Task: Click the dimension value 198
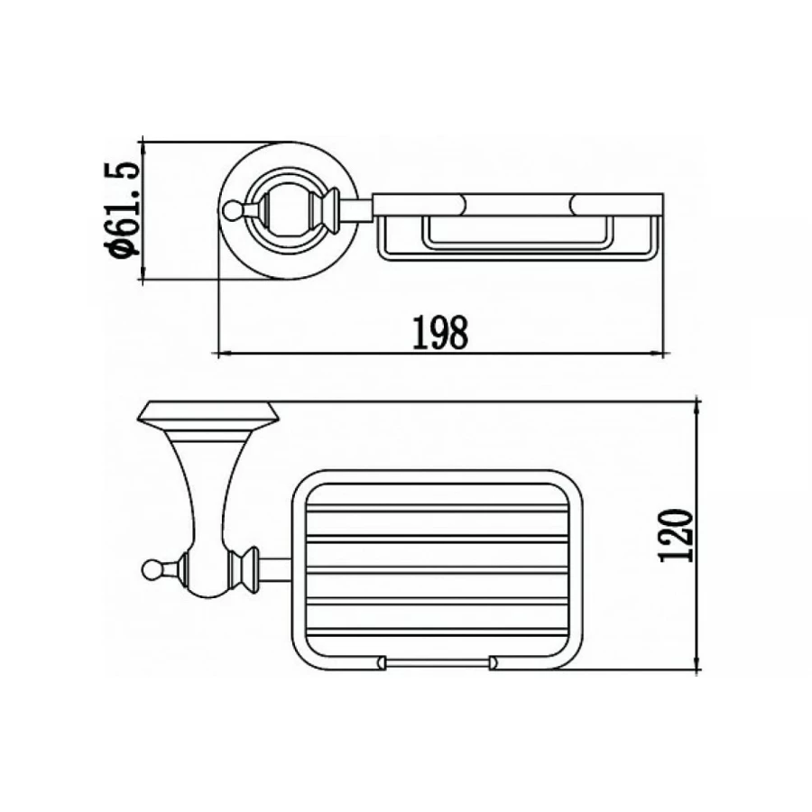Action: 440,332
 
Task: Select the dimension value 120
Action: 676,536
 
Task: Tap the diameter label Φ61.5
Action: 122,209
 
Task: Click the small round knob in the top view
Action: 230,209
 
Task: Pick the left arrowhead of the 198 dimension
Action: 224,355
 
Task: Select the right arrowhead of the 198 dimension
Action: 657,355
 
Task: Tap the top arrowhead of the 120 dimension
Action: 697,407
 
